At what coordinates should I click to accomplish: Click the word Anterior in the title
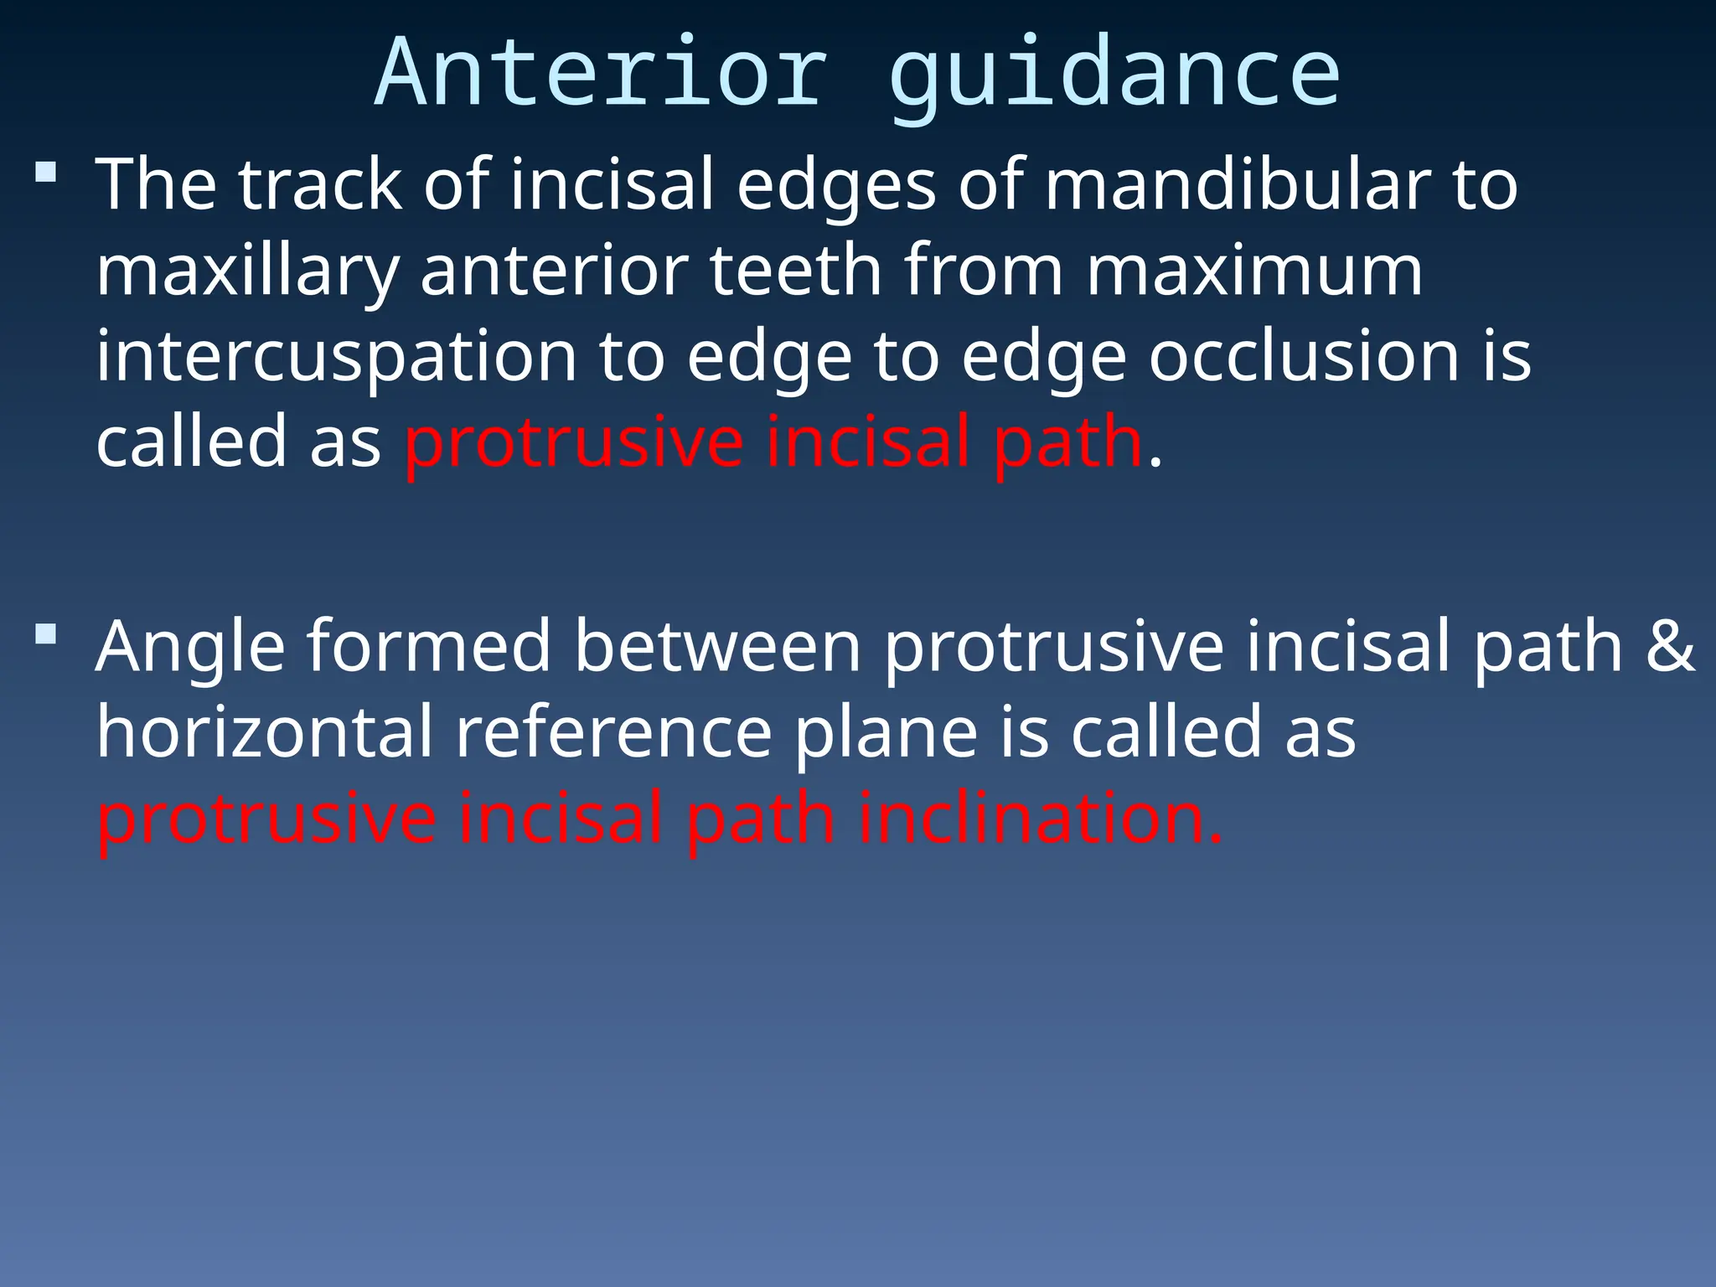point(601,74)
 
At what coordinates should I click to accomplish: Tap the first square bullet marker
point(46,173)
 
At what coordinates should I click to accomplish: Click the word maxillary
point(247,275)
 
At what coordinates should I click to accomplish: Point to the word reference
point(613,731)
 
